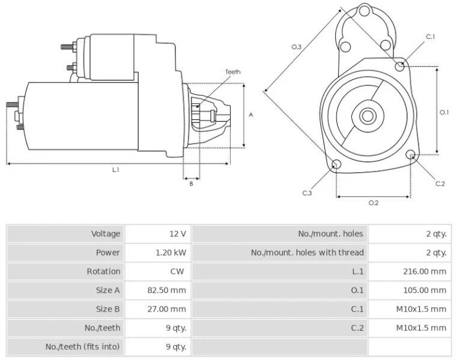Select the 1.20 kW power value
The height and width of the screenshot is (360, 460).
coord(171,253)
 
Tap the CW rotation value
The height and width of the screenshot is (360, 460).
coord(177,271)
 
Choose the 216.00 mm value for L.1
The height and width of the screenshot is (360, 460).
coord(425,271)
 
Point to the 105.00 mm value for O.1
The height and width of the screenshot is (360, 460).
coord(425,290)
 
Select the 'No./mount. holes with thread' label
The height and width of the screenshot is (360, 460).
coord(307,253)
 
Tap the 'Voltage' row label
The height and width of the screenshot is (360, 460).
coord(106,233)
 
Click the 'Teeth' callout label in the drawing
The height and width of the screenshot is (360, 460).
coord(233,72)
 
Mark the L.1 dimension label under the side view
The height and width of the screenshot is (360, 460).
coord(116,170)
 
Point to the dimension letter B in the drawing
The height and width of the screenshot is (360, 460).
coord(191,184)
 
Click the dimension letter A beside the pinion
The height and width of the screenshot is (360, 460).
coord(251,115)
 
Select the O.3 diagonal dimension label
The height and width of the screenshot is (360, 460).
coord(296,47)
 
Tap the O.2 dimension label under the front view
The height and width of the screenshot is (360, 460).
coord(373,203)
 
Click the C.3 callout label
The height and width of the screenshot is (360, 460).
coord(307,193)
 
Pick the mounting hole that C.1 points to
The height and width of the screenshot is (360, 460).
coord(401,66)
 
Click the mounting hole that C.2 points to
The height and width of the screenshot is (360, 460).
coord(411,155)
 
